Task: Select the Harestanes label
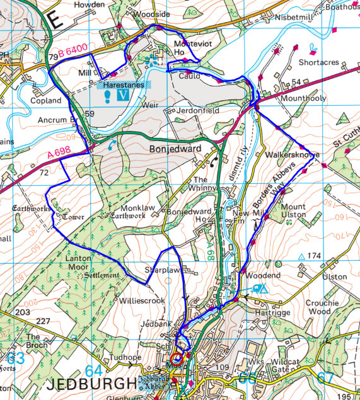[x=124, y=84]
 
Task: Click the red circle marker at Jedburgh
[x=177, y=359]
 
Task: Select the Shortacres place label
[x=319, y=63]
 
